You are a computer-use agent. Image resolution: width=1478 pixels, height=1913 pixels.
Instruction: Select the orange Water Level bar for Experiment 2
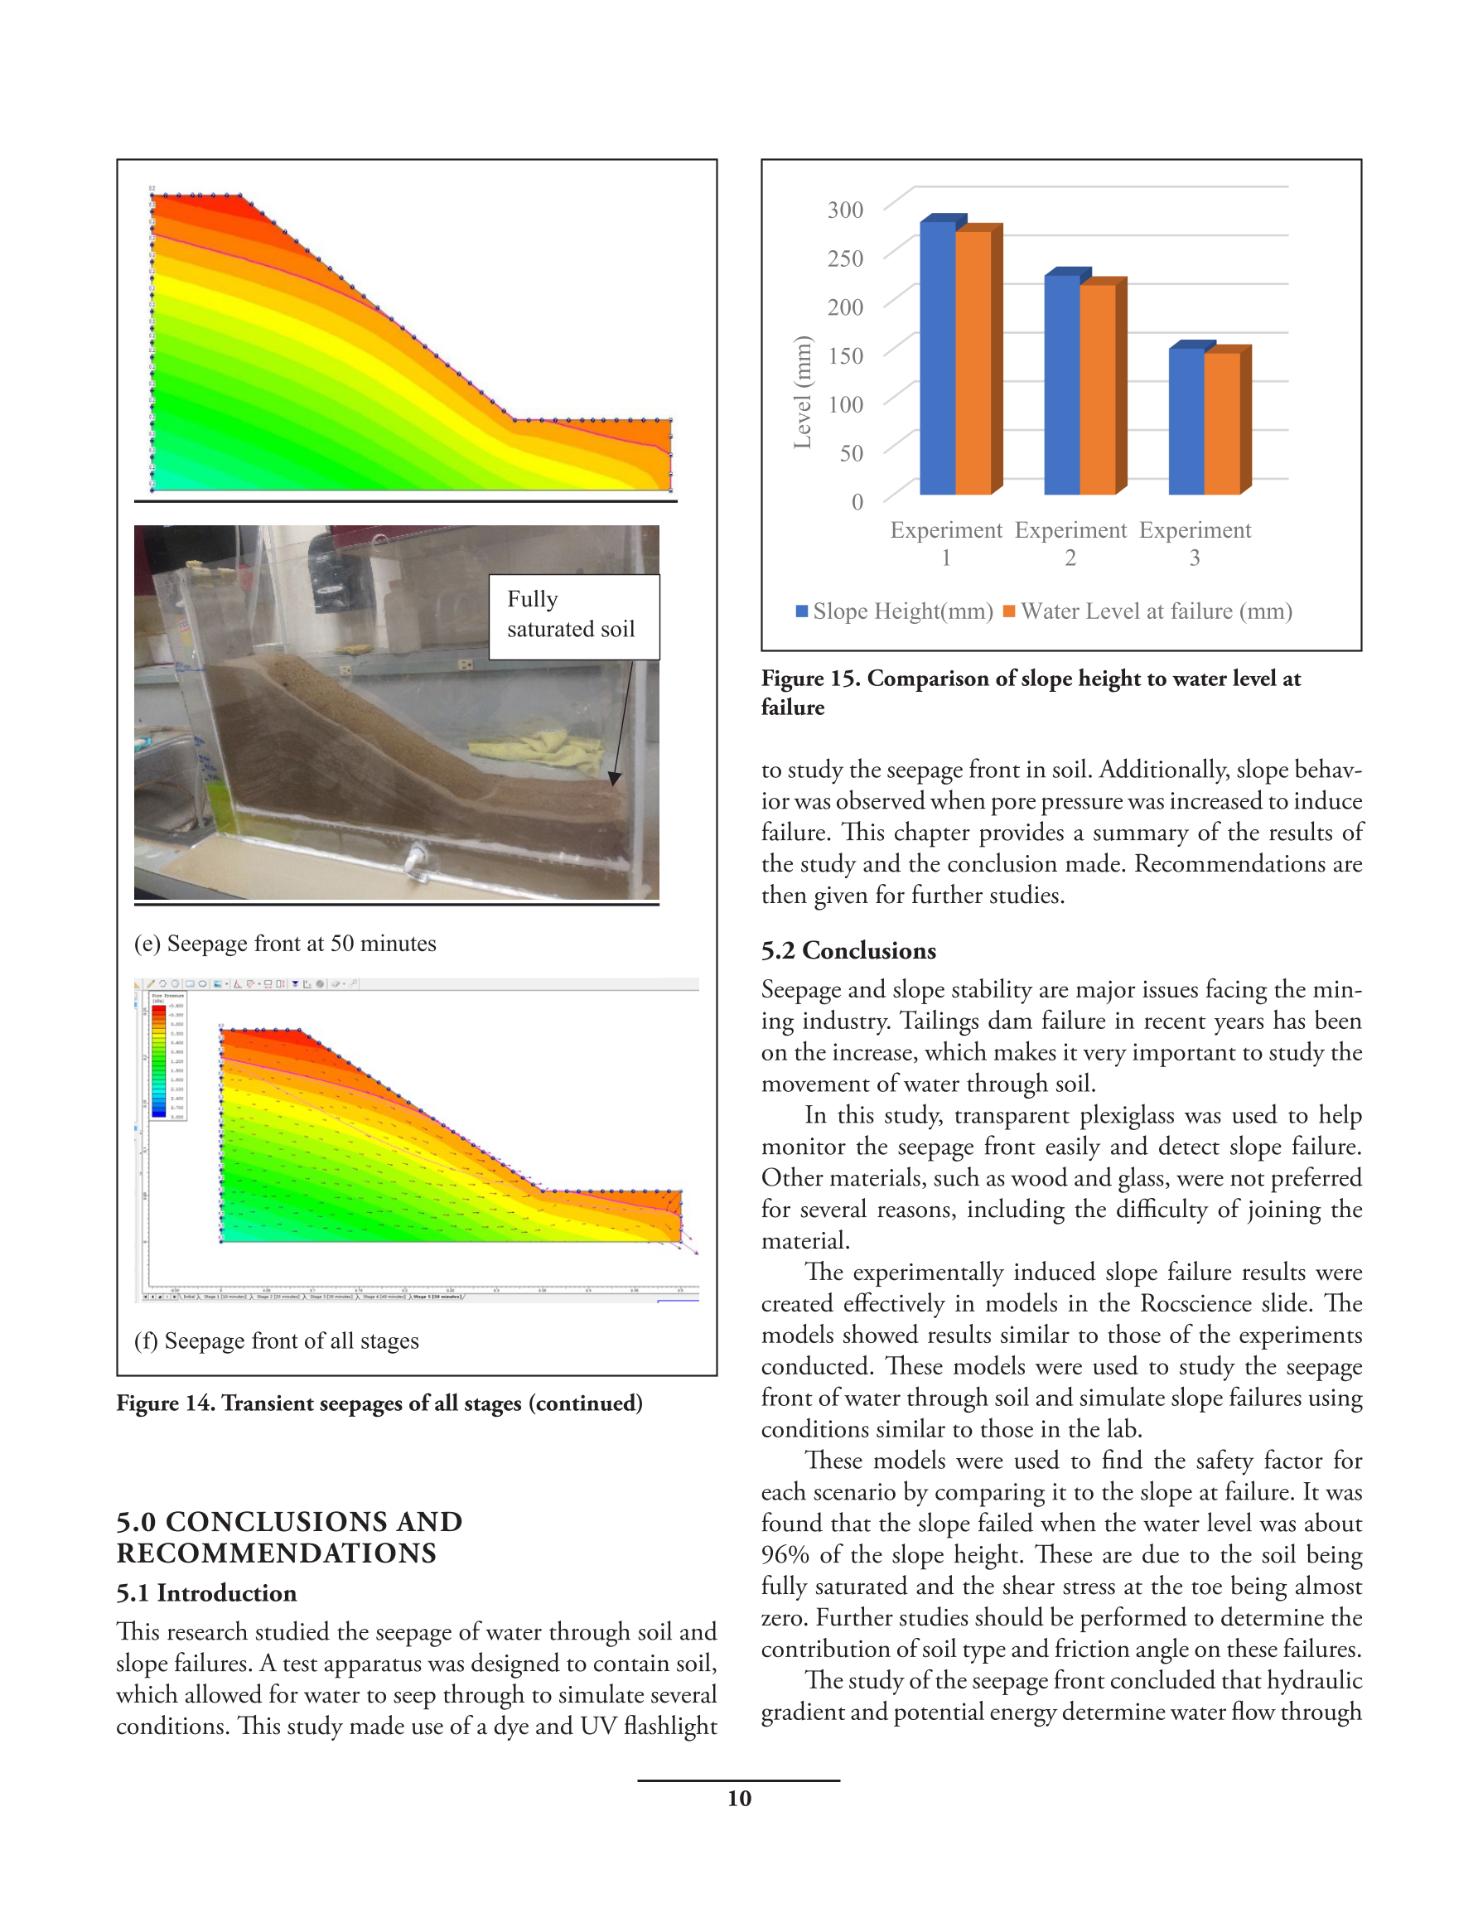(1098, 389)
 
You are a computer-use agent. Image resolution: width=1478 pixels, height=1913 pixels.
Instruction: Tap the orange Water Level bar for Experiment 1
(973, 363)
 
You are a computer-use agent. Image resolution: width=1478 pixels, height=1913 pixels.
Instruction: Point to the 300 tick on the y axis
(844, 210)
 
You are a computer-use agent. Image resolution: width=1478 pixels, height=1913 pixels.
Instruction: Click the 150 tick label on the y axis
(844, 355)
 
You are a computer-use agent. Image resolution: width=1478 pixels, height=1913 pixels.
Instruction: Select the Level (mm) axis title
(802, 393)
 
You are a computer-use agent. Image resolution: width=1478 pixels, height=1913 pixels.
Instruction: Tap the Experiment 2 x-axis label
(1070, 543)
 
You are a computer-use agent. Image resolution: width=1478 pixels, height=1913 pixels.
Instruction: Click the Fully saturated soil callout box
(573, 616)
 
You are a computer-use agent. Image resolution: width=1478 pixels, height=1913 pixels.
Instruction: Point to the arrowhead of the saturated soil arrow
(614, 778)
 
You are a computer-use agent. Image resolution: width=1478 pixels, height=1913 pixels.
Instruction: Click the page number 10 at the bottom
(738, 1799)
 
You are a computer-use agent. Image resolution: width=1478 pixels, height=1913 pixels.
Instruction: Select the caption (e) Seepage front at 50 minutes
(285, 944)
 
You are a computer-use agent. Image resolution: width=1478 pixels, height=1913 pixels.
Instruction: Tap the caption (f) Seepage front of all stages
(276, 1341)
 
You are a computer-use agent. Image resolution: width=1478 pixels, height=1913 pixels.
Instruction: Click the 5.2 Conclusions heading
(848, 950)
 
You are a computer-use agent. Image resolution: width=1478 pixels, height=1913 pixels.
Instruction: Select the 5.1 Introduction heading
(206, 1592)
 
